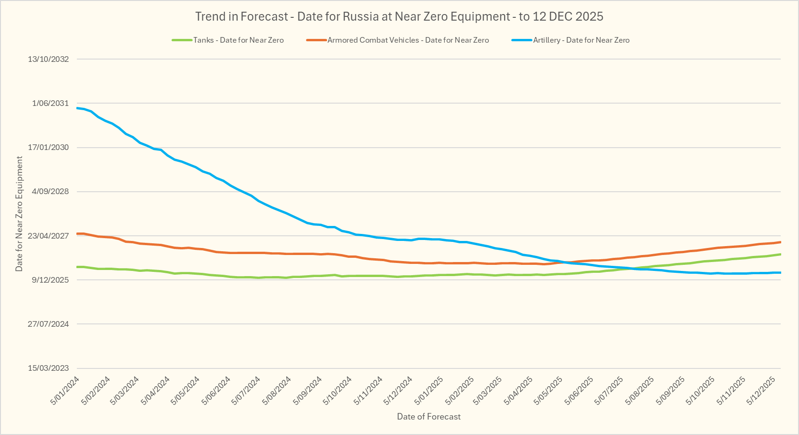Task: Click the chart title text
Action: click(399, 17)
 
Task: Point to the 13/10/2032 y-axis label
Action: click(48, 59)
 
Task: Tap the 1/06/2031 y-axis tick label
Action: click(50, 103)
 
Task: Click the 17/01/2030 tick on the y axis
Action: click(48, 147)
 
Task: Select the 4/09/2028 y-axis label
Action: click(50, 191)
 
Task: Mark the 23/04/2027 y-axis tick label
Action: click(48, 236)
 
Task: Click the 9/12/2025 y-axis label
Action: click(50, 280)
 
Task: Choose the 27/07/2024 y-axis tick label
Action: click(48, 324)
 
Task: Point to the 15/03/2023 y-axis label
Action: click(48, 368)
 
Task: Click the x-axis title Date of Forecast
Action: click(429, 417)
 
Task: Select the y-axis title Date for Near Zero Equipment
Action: click(19, 214)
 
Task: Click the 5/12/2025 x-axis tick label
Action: click(762, 390)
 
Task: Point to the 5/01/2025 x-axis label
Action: click(429, 390)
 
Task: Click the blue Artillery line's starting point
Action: click(77, 108)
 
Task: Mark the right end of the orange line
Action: click(780, 242)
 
